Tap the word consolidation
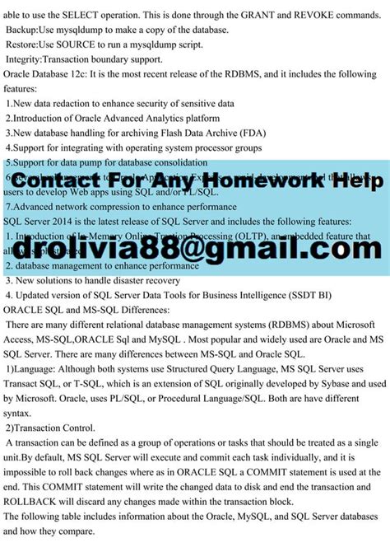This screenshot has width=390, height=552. (x=213, y=162)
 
